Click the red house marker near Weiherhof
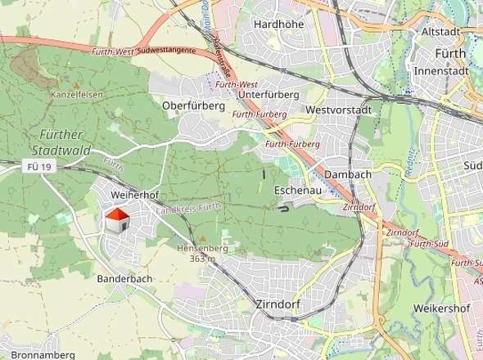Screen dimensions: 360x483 pos(117,219)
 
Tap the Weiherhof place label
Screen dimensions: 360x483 pos(134,196)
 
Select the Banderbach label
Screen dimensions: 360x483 pos(124,279)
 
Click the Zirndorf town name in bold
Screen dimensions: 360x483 pos(278,304)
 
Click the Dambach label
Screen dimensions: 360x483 pos(348,174)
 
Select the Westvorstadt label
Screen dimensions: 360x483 pos(338,110)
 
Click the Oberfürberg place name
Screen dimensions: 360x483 pos(193,106)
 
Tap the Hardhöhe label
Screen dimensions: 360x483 pos(278,25)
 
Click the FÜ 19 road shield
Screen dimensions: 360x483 pos(38,167)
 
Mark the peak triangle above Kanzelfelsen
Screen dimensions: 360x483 pos(76,84)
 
